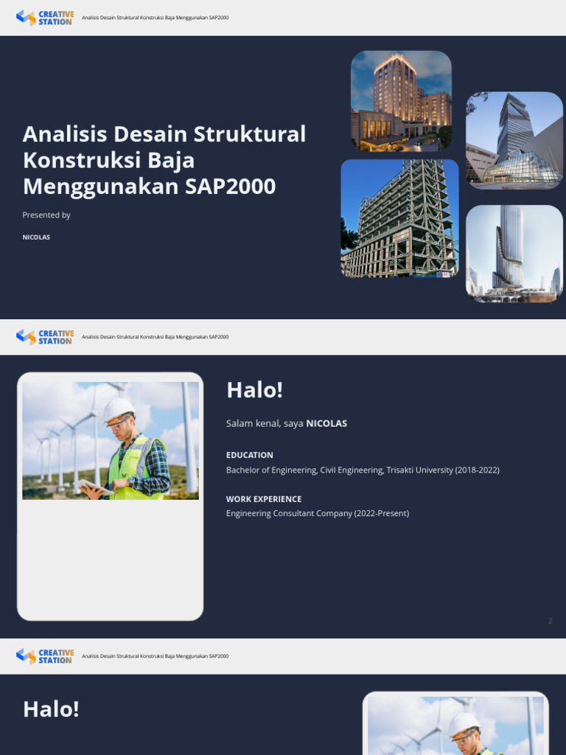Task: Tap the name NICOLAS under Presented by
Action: [x=36, y=237]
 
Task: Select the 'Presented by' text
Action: [x=46, y=215]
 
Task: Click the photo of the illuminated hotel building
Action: [x=401, y=100]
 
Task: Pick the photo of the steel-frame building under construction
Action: [x=399, y=218]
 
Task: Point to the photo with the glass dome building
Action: [x=514, y=140]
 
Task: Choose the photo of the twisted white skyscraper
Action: [x=514, y=254]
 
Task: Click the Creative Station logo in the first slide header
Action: [x=45, y=17]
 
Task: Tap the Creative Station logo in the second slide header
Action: [x=45, y=337]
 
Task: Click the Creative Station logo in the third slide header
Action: [x=45, y=656]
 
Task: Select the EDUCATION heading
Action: [x=250, y=455]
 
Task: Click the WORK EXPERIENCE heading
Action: [x=264, y=499]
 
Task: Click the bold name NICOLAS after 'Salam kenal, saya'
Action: [x=326, y=423]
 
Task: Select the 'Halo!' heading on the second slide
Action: [x=254, y=390]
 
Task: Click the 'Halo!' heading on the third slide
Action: [x=51, y=709]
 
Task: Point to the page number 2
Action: [x=550, y=621]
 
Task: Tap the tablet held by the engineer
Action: [x=94, y=487]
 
